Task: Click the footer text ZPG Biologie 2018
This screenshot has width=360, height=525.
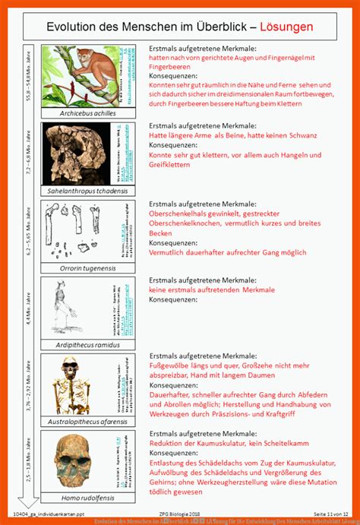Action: tap(180, 514)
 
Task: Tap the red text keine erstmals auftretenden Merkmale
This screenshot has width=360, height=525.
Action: tap(212, 289)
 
